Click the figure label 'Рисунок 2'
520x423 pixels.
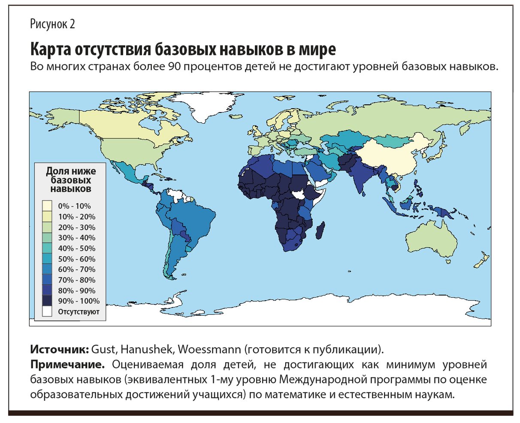pos(52,24)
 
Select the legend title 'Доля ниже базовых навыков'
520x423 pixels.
pos(71,180)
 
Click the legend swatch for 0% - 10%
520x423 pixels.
pos(47,206)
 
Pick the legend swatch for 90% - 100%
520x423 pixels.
pos(47,301)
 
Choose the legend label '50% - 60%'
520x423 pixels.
pos(77,259)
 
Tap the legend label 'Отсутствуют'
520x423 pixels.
pos(79,312)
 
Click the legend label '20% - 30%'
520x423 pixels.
pos(77,227)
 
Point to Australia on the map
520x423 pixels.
pos(432,240)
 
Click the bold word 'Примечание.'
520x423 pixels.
pos(68,365)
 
